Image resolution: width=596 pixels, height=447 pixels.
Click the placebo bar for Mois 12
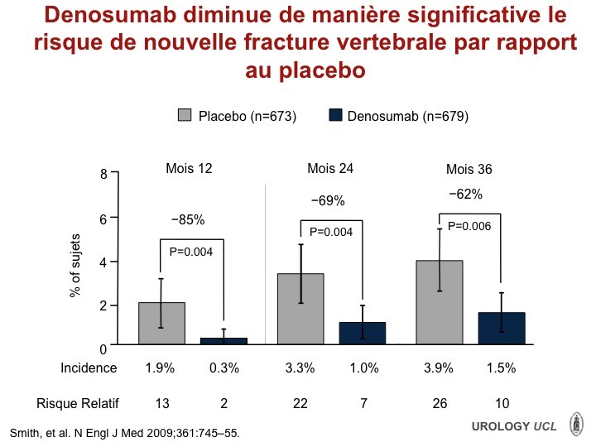click(162, 324)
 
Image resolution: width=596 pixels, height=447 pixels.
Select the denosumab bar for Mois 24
click(363, 334)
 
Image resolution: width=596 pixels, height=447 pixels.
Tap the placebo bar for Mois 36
click(440, 303)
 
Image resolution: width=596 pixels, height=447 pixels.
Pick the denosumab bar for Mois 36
click(502, 329)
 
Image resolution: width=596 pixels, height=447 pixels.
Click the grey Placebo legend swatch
click(185, 115)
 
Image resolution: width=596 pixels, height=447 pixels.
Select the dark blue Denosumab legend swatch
click(335, 115)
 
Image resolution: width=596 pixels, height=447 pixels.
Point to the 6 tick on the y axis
click(114, 218)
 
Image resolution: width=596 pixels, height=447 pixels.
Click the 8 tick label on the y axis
click(103, 174)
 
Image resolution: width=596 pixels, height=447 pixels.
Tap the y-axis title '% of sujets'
click(75, 266)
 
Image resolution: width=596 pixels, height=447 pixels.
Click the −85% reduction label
click(188, 219)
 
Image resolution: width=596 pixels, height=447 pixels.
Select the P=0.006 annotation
click(469, 226)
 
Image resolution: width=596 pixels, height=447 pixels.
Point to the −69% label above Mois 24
click(328, 200)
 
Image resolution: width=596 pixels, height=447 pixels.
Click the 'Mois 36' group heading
click(469, 169)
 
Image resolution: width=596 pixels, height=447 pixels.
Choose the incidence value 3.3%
click(300, 368)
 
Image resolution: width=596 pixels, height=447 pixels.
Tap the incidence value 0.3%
click(224, 368)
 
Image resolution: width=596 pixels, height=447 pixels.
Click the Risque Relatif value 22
click(300, 403)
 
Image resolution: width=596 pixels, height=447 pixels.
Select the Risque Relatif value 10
click(502, 403)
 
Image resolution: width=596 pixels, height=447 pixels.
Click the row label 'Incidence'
click(89, 368)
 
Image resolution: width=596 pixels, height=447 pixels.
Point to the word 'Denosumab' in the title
click(110, 15)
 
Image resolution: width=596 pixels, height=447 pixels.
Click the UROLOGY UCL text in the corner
click(514, 426)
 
